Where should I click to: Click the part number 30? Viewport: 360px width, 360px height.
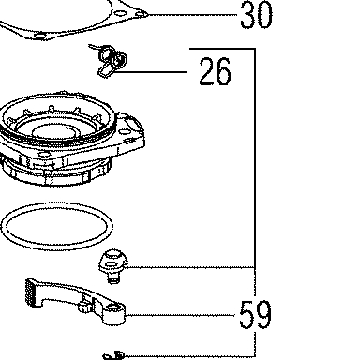tap(256, 14)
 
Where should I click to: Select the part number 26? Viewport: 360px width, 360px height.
tap(215, 72)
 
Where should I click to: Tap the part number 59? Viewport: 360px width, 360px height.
tap(255, 314)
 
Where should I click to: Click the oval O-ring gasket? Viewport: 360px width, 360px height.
tap(57, 203)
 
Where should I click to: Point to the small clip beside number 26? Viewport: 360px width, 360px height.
tap(110, 60)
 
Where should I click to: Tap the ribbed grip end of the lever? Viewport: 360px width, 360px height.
tap(30, 292)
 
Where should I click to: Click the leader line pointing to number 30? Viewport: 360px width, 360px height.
tap(193, 14)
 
